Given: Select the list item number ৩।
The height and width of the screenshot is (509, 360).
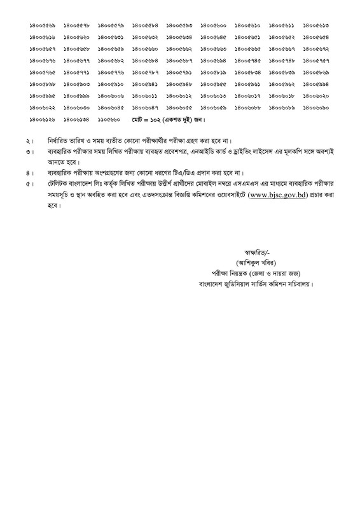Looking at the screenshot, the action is (x=29, y=153).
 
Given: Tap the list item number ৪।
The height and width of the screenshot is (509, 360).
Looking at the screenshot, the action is (x=29, y=173).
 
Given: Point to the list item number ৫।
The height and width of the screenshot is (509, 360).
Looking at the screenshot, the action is (x=29, y=185).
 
